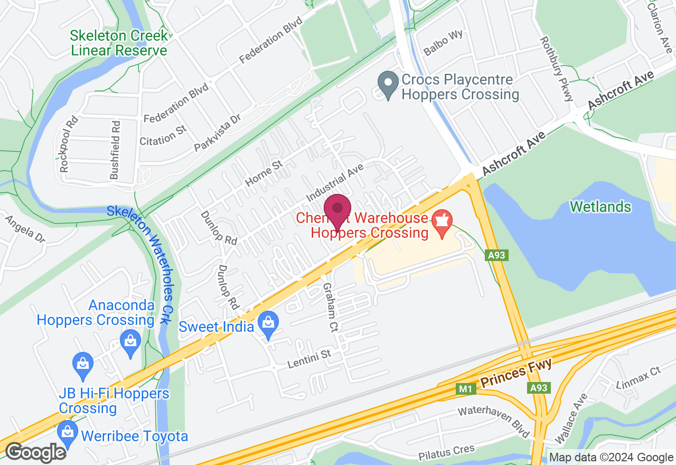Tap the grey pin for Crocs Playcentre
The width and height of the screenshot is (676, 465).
click(389, 85)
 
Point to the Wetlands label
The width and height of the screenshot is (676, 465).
click(601, 206)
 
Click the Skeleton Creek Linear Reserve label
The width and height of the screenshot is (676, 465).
click(119, 43)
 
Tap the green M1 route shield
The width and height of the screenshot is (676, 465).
click(465, 389)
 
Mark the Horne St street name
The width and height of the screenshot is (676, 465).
click(264, 174)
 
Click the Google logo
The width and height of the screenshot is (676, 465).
click(35, 452)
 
